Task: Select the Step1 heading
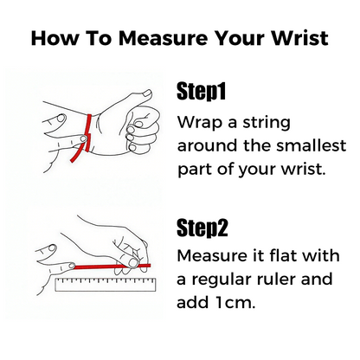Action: (x=201, y=92)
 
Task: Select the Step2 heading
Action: (x=202, y=228)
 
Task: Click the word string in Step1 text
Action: (x=267, y=123)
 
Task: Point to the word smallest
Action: (x=311, y=145)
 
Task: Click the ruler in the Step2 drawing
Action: (x=106, y=284)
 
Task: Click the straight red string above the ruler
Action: (x=112, y=267)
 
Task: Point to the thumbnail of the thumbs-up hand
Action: (x=147, y=93)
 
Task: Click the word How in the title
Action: (x=54, y=38)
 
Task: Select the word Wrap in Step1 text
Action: (x=200, y=123)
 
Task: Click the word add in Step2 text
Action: (x=192, y=302)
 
